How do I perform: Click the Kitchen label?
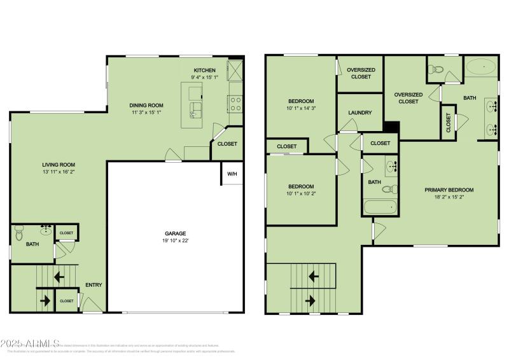click(x=205, y=70)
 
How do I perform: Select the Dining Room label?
click(x=146, y=106)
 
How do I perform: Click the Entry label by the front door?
click(x=94, y=285)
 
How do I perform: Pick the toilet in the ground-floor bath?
click(x=18, y=235)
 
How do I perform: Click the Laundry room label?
click(x=359, y=113)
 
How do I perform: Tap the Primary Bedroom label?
click(x=449, y=190)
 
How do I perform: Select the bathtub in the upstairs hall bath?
click(x=380, y=207)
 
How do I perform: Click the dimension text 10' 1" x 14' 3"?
click(x=301, y=109)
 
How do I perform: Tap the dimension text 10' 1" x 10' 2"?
click(x=301, y=194)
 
